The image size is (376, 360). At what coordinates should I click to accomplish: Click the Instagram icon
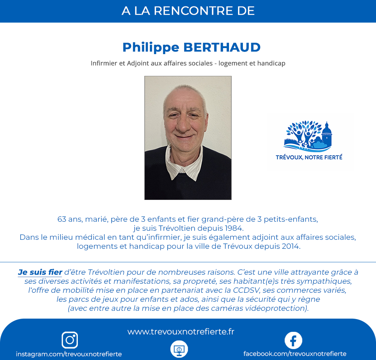coord(70,340)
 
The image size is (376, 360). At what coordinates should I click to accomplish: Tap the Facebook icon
coord(293,340)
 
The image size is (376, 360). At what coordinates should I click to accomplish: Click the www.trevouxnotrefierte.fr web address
coord(181,331)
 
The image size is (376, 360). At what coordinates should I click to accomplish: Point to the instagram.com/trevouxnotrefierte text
coord(69,354)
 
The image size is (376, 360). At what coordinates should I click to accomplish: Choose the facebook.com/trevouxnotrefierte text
coord(295,354)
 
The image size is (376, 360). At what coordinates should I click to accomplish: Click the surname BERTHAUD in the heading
coord(222,47)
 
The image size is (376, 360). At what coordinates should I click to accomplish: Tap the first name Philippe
coord(150,48)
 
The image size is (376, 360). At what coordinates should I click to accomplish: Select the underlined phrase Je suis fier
coord(40,272)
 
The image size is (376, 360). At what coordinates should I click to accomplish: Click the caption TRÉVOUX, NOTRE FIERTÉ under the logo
coord(309,157)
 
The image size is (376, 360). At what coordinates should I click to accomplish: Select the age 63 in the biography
coord(62,219)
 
